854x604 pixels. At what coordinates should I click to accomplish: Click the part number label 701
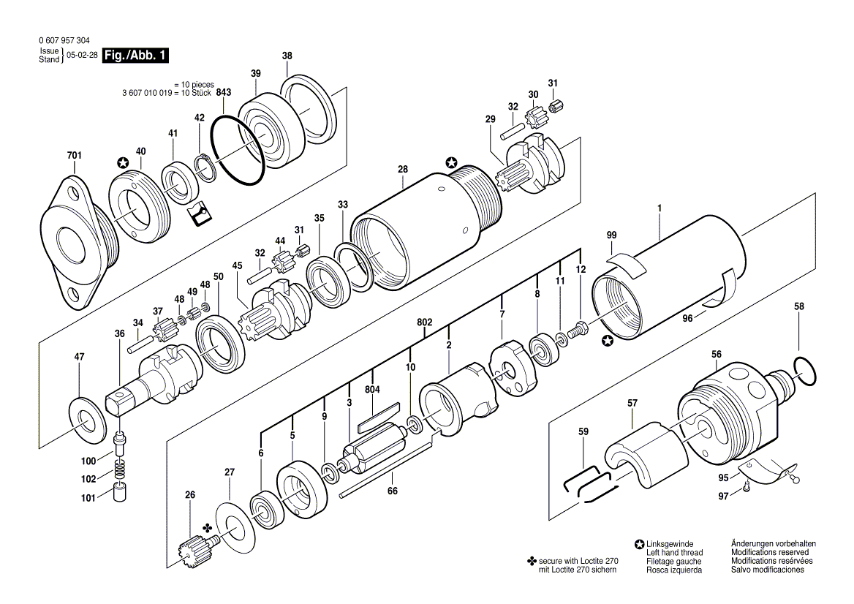tap(75, 156)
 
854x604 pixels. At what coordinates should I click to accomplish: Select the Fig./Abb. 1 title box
tap(136, 56)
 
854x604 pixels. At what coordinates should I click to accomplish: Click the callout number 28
tap(402, 170)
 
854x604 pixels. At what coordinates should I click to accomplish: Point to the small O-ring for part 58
tap(802, 371)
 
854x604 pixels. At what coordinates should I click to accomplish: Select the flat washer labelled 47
tap(87, 420)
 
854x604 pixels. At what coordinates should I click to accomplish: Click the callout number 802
tap(425, 322)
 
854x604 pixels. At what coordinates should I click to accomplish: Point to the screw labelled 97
tap(745, 485)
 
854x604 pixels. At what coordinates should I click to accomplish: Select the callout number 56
tap(716, 355)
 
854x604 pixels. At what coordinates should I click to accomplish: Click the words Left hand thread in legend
tap(674, 553)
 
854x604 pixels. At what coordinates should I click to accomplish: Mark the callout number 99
tap(611, 235)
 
